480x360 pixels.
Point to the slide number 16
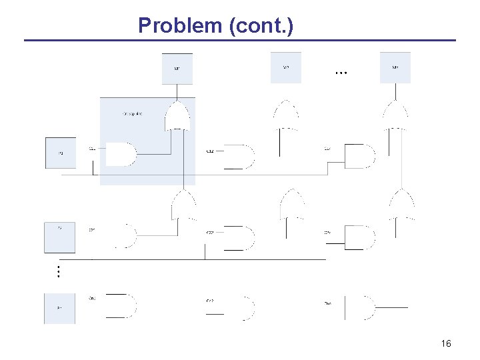(x=446, y=343)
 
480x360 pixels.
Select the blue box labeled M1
(x=177, y=69)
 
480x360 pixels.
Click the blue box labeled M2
(x=285, y=67)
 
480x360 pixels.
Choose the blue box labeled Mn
(x=395, y=67)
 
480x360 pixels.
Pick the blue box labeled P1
(x=60, y=154)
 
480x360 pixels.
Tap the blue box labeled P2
(x=60, y=237)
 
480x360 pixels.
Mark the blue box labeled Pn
(x=60, y=309)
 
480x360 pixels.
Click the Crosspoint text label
(x=132, y=114)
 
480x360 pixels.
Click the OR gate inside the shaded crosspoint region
(x=177, y=116)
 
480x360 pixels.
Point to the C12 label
(x=210, y=151)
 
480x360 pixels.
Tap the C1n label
(x=328, y=148)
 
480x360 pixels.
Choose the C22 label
(x=210, y=232)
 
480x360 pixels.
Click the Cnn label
(x=328, y=303)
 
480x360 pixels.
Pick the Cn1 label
(x=92, y=298)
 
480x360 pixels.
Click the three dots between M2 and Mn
(x=341, y=72)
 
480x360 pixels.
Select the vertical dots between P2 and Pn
(x=59, y=271)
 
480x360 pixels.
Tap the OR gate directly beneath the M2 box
(x=285, y=115)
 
